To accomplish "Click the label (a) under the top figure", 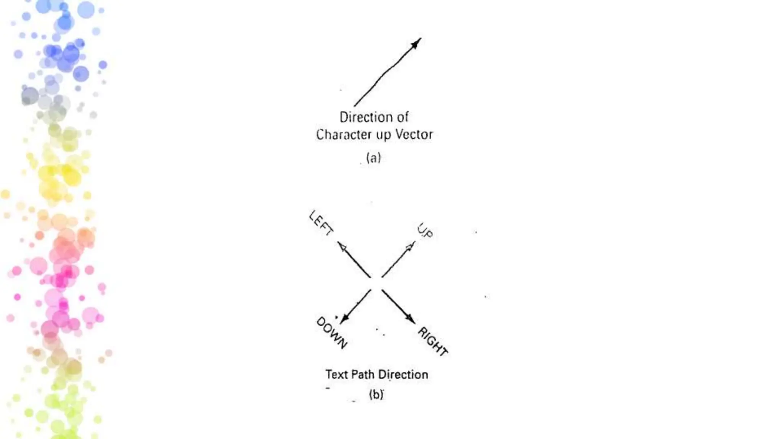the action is click(x=373, y=158).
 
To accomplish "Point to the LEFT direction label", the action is click(x=321, y=223).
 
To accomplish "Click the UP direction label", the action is click(x=425, y=231).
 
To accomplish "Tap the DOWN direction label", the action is click(x=331, y=333).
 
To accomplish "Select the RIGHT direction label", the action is click(x=432, y=341).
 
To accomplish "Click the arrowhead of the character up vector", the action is click(x=416, y=43).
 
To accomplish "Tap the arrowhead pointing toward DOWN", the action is click(x=344, y=318).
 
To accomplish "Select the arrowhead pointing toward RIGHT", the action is click(x=410, y=319).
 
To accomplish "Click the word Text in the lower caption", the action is click(x=336, y=375).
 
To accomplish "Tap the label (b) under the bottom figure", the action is click(x=376, y=394).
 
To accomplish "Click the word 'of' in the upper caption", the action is click(x=402, y=117).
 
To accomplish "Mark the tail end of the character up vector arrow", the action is click(x=355, y=106).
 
